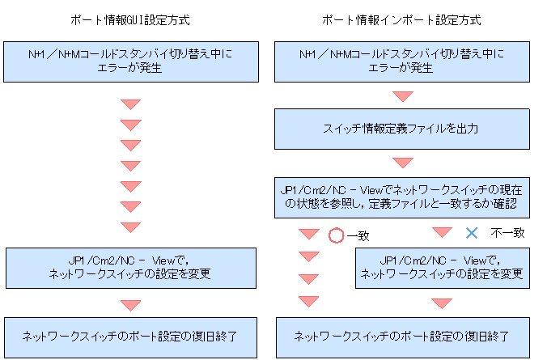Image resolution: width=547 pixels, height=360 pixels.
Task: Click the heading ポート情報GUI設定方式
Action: pos(130,19)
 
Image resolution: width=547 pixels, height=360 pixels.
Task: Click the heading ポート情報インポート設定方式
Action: pos(402,19)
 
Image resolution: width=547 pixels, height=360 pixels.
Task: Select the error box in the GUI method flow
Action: pos(130,61)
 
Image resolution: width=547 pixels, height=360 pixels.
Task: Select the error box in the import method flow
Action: pos(402,61)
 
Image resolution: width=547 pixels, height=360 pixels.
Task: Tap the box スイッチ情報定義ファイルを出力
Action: pos(402,128)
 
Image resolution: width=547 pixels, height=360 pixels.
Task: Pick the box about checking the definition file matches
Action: pos(402,197)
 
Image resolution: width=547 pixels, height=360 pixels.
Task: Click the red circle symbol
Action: pos(337,235)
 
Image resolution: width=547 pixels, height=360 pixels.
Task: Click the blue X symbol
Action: pos(472,233)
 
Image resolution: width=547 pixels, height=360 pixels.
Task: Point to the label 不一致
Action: pos(507,233)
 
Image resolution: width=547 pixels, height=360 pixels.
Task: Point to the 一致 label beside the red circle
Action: pos(358,235)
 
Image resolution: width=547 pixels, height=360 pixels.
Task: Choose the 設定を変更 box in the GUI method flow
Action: pos(130,266)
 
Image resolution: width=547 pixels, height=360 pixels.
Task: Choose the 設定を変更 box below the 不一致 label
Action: pos(441,266)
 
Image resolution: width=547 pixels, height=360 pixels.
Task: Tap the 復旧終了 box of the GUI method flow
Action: pos(130,335)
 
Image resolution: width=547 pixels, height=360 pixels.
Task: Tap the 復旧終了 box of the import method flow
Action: pos(402,335)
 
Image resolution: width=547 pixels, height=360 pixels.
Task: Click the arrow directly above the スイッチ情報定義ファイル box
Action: pos(402,95)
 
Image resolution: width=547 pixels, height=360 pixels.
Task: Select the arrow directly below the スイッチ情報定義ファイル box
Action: pos(402,163)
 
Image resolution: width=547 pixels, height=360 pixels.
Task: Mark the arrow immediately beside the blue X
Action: pos(441,232)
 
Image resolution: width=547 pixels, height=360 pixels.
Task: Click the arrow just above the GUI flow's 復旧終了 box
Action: pos(130,305)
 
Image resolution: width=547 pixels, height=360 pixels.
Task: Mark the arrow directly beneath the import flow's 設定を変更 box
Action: pos(441,303)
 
